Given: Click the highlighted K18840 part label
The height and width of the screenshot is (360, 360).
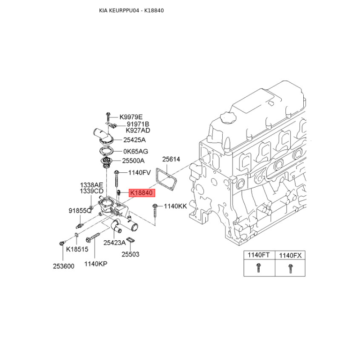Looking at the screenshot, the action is (x=142, y=193).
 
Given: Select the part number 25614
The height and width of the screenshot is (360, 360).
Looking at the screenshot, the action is (x=171, y=159).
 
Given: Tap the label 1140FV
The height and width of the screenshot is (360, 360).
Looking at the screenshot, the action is (x=139, y=173).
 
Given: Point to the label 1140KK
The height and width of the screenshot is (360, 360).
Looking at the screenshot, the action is (x=175, y=206).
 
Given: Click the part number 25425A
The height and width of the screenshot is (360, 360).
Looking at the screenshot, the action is (x=134, y=140).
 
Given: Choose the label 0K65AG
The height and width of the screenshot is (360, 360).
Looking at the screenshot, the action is (x=136, y=151).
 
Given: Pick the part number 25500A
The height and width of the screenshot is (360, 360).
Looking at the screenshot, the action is (x=133, y=161).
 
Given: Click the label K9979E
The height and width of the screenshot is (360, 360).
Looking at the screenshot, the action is (x=131, y=117).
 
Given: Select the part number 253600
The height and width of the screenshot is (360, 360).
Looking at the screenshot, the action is (x=63, y=266).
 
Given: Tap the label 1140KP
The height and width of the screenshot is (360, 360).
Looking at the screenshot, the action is (x=96, y=264).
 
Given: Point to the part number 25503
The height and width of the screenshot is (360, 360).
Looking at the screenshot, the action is (x=130, y=254).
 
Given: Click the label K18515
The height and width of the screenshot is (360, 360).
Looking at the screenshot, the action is (x=77, y=249).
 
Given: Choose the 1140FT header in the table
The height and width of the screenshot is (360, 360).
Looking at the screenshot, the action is (x=258, y=255).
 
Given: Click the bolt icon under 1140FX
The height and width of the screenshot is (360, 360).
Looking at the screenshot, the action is (x=290, y=269).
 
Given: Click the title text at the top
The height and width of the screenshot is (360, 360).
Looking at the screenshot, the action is (x=131, y=10).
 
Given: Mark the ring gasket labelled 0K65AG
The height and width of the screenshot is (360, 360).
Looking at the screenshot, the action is (x=106, y=152).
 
